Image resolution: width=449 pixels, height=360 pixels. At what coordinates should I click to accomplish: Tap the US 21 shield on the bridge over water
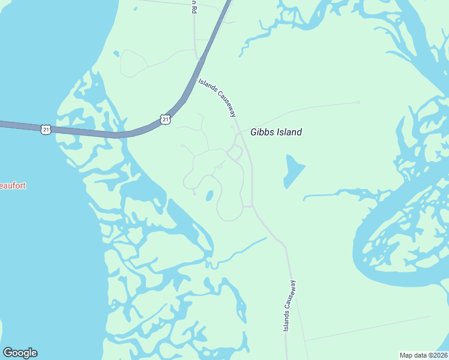click(46, 129)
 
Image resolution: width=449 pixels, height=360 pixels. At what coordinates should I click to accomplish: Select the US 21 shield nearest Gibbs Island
click(166, 119)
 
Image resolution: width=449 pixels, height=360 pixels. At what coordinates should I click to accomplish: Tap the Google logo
click(20, 353)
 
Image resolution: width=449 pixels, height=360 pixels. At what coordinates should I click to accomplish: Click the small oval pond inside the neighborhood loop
click(209, 196)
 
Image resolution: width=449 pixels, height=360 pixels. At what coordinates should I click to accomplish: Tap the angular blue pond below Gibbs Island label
click(293, 170)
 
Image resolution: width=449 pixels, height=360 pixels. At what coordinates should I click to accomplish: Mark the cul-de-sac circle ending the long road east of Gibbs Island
click(358, 103)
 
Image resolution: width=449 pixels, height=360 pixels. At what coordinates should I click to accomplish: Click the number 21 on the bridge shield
click(46, 129)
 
